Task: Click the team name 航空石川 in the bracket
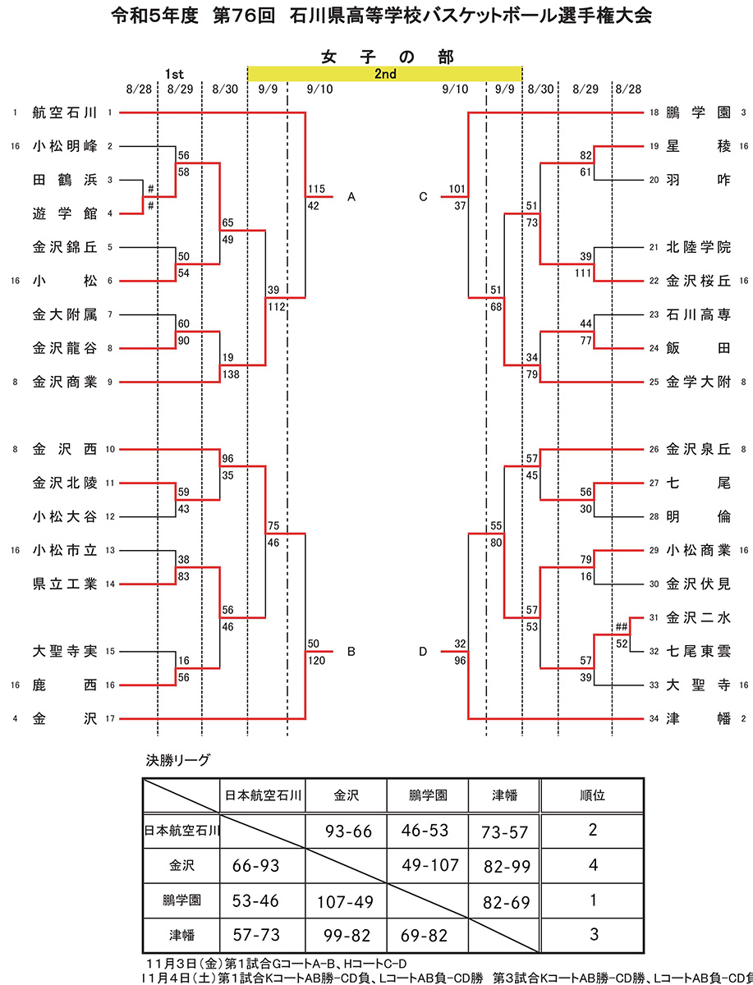[x=65, y=112]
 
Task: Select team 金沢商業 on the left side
[x=65, y=382]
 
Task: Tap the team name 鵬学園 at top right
[x=698, y=112]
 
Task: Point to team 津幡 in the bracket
[x=698, y=719]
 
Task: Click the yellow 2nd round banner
[x=384, y=74]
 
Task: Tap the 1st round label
[x=173, y=74]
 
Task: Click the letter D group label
[x=423, y=652]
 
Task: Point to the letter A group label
[x=351, y=197]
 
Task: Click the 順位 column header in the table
[x=593, y=795]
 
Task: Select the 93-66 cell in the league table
[x=348, y=832]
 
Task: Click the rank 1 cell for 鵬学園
[x=593, y=900]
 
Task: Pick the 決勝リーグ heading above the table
[x=178, y=759]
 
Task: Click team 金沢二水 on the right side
[x=698, y=617]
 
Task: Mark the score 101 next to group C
[x=457, y=190]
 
